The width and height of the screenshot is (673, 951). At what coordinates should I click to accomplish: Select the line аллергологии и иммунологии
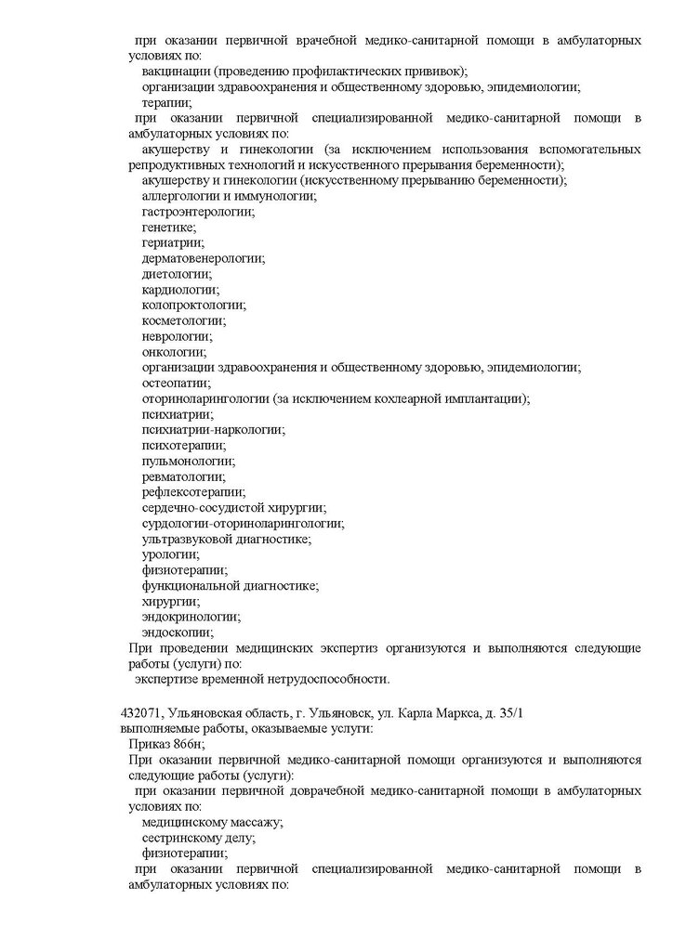pos(230,196)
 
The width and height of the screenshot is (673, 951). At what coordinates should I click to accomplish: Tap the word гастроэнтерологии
pos(197,212)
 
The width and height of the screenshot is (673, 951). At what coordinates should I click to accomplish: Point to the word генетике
pos(168,228)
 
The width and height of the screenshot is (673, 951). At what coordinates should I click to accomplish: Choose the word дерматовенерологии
pos(203,258)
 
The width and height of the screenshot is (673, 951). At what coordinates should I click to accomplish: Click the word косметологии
pos(183,320)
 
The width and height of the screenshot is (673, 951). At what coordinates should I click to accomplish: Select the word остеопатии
pos(177,383)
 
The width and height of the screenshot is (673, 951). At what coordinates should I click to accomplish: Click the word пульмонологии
pos(188,461)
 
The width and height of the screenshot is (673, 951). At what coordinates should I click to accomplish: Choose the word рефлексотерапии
pos(193,492)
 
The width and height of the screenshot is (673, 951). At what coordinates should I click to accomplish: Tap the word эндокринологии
pos(191,617)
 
